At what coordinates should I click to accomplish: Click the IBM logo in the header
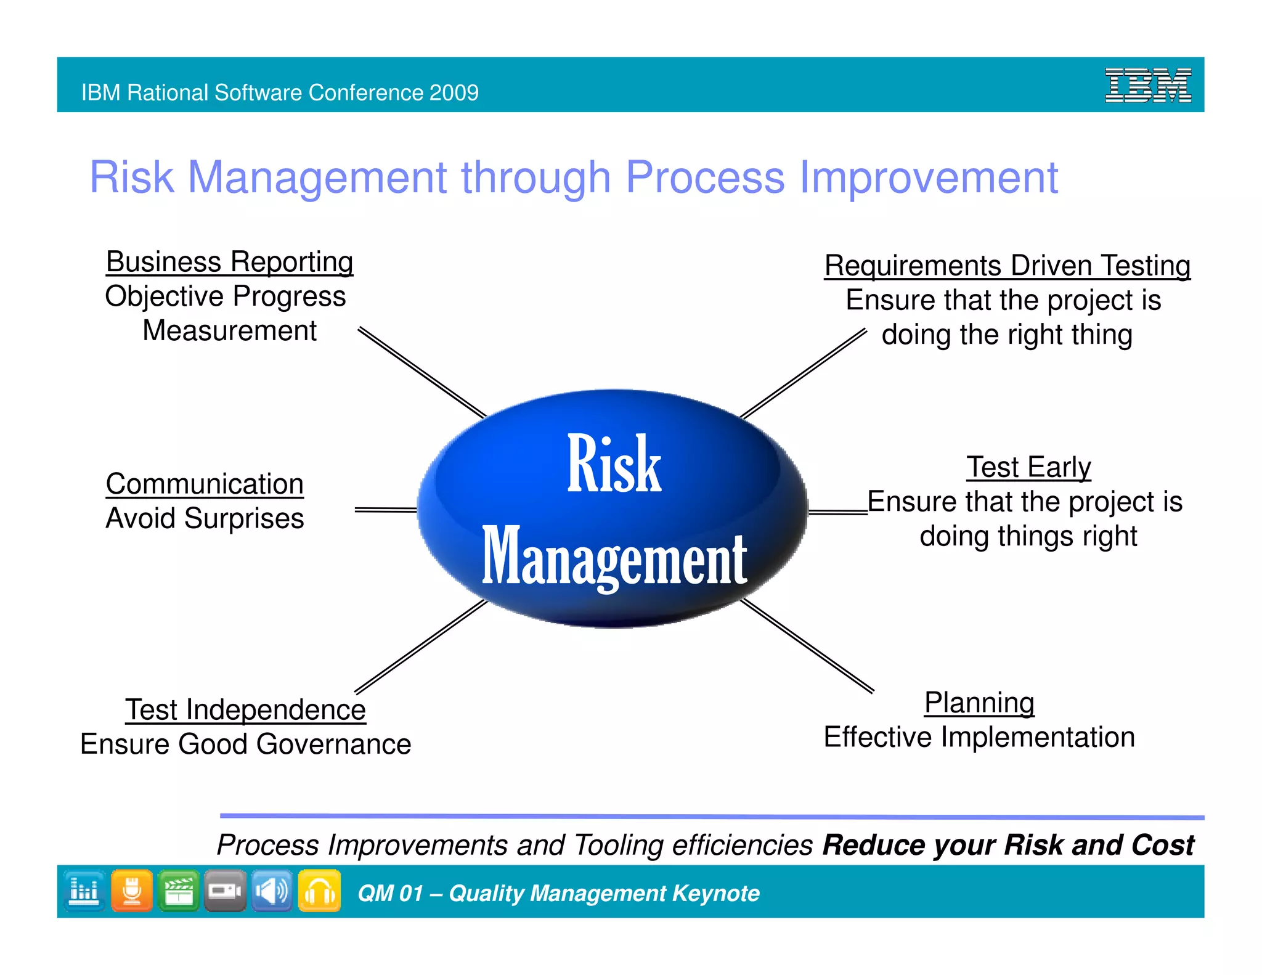(x=1147, y=85)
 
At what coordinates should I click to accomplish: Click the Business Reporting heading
(x=229, y=262)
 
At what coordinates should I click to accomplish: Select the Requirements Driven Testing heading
(x=1007, y=266)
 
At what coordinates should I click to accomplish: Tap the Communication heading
(x=205, y=484)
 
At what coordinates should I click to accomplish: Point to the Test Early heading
(x=1028, y=467)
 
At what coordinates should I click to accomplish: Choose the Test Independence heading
(x=245, y=709)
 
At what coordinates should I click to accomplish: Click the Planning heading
(x=979, y=703)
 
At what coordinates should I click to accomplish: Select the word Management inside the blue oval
(x=614, y=558)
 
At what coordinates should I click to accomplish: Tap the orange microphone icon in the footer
(x=131, y=891)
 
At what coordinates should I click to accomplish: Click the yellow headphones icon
(x=319, y=891)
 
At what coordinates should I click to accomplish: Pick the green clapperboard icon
(x=178, y=891)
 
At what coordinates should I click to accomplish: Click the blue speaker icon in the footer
(x=272, y=891)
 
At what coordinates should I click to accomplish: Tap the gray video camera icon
(x=225, y=891)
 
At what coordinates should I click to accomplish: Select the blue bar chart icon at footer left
(x=84, y=891)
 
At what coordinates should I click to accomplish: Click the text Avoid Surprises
(x=205, y=518)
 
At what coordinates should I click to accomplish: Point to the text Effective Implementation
(x=979, y=737)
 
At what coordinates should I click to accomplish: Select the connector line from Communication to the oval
(x=385, y=510)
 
